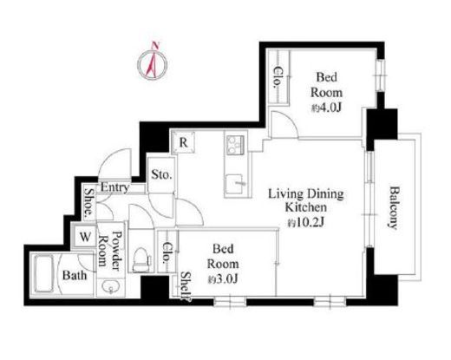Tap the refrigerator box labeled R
pyautogui.click(x=183, y=142)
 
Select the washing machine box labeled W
pyautogui.click(x=85, y=237)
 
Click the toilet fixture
pyautogui.click(x=141, y=259)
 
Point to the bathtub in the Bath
pyautogui.click(x=43, y=274)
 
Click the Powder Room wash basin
pyautogui.click(x=110, y=286)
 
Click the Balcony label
pyautogui.click(x=394, y=208)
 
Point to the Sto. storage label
pyautogui.click(x=162, y=174)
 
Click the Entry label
pyautogui.click(x=114, y=187)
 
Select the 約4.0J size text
pyautogui.click(x=326, y=108)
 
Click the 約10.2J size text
pyautogui.click(x=306, y=222)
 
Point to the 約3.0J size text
pyautogui.click(x=223, y=279)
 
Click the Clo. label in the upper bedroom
pyautogui.click(x=278, y=77)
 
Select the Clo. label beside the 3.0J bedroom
pyautogui.click(x=167, y=252)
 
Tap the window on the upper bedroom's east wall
pyautogui.click(x=381, y=75)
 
